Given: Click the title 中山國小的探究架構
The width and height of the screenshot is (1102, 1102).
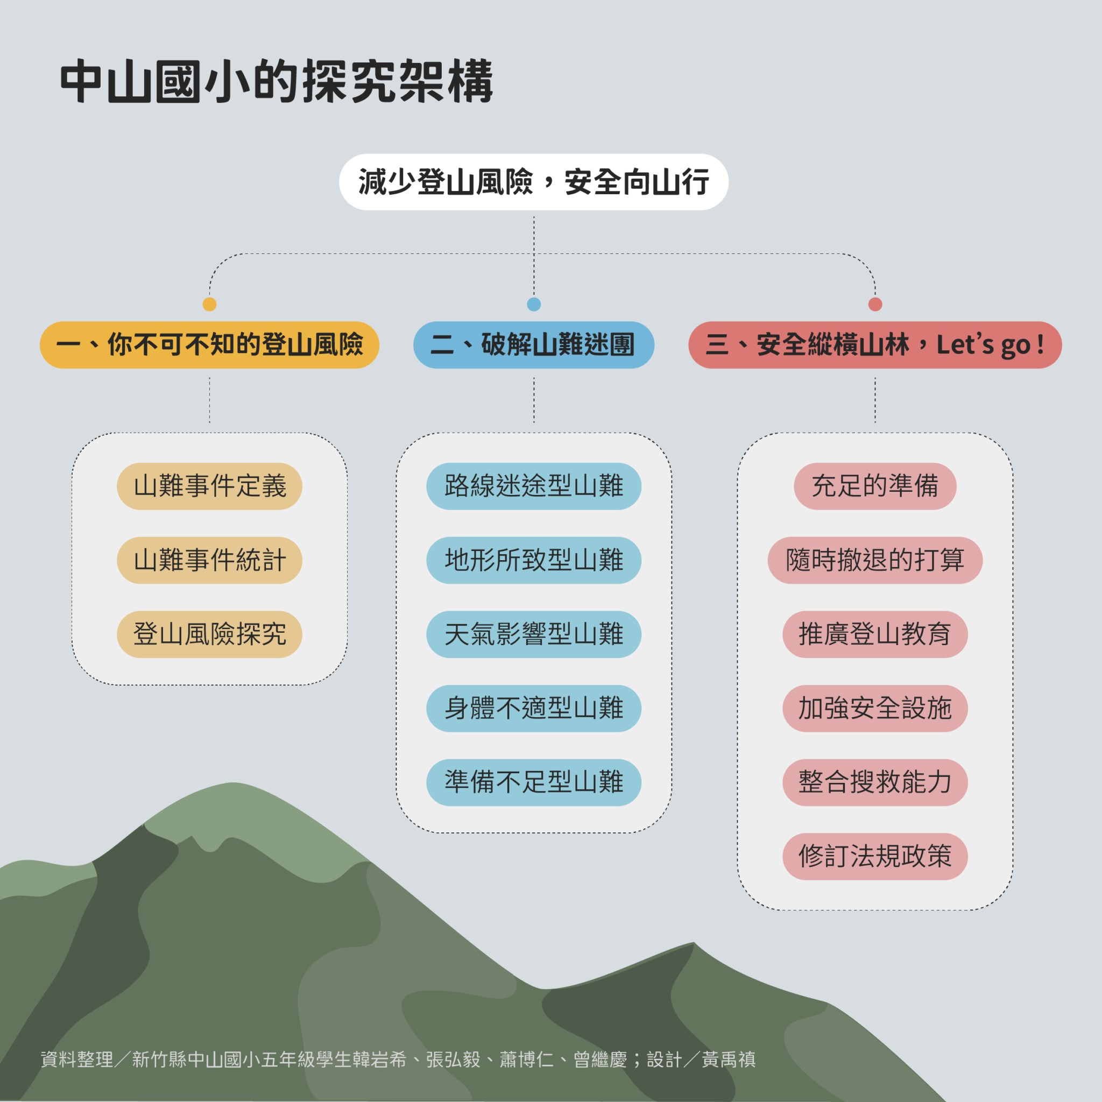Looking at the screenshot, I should coord(277,82).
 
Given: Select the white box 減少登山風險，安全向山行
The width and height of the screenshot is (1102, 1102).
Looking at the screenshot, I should coord(533,182).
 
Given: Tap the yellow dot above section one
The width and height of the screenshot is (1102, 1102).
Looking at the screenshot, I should coord(209,304).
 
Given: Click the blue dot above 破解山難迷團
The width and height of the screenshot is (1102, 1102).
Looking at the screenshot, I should coord(534,304).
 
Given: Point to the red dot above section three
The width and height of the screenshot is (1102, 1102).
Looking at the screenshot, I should coord(875,304).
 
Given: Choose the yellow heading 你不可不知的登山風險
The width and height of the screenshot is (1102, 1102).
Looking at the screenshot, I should coord(209,345).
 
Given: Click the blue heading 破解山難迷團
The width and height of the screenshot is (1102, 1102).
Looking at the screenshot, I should coord(533,345).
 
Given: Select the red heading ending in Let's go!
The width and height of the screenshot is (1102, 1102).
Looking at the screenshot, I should coord(875,345).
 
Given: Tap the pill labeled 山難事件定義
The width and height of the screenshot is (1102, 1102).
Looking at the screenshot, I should coord(209,486).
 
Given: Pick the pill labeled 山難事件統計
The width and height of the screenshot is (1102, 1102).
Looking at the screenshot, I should coord(209,560).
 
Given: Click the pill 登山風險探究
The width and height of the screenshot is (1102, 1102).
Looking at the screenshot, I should coord(209,634).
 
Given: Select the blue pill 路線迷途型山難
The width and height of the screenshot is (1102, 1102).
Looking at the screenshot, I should coord(533,486).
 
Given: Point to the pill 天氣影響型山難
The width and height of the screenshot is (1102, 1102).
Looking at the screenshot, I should coord(533,634).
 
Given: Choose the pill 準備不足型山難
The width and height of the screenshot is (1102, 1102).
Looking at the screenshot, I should coord(533,782).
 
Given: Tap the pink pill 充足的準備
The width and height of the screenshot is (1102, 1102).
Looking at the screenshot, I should coord(875,486).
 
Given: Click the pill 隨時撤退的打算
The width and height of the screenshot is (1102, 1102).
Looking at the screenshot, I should coord(875,560).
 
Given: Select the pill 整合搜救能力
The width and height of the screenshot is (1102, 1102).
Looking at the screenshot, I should coord(875,782).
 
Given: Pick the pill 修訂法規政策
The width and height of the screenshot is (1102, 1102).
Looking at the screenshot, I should coord(875,856).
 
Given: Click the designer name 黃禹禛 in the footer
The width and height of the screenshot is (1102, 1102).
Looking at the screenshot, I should coord(729,1060).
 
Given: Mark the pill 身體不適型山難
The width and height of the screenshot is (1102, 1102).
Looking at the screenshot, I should coord(533,709).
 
